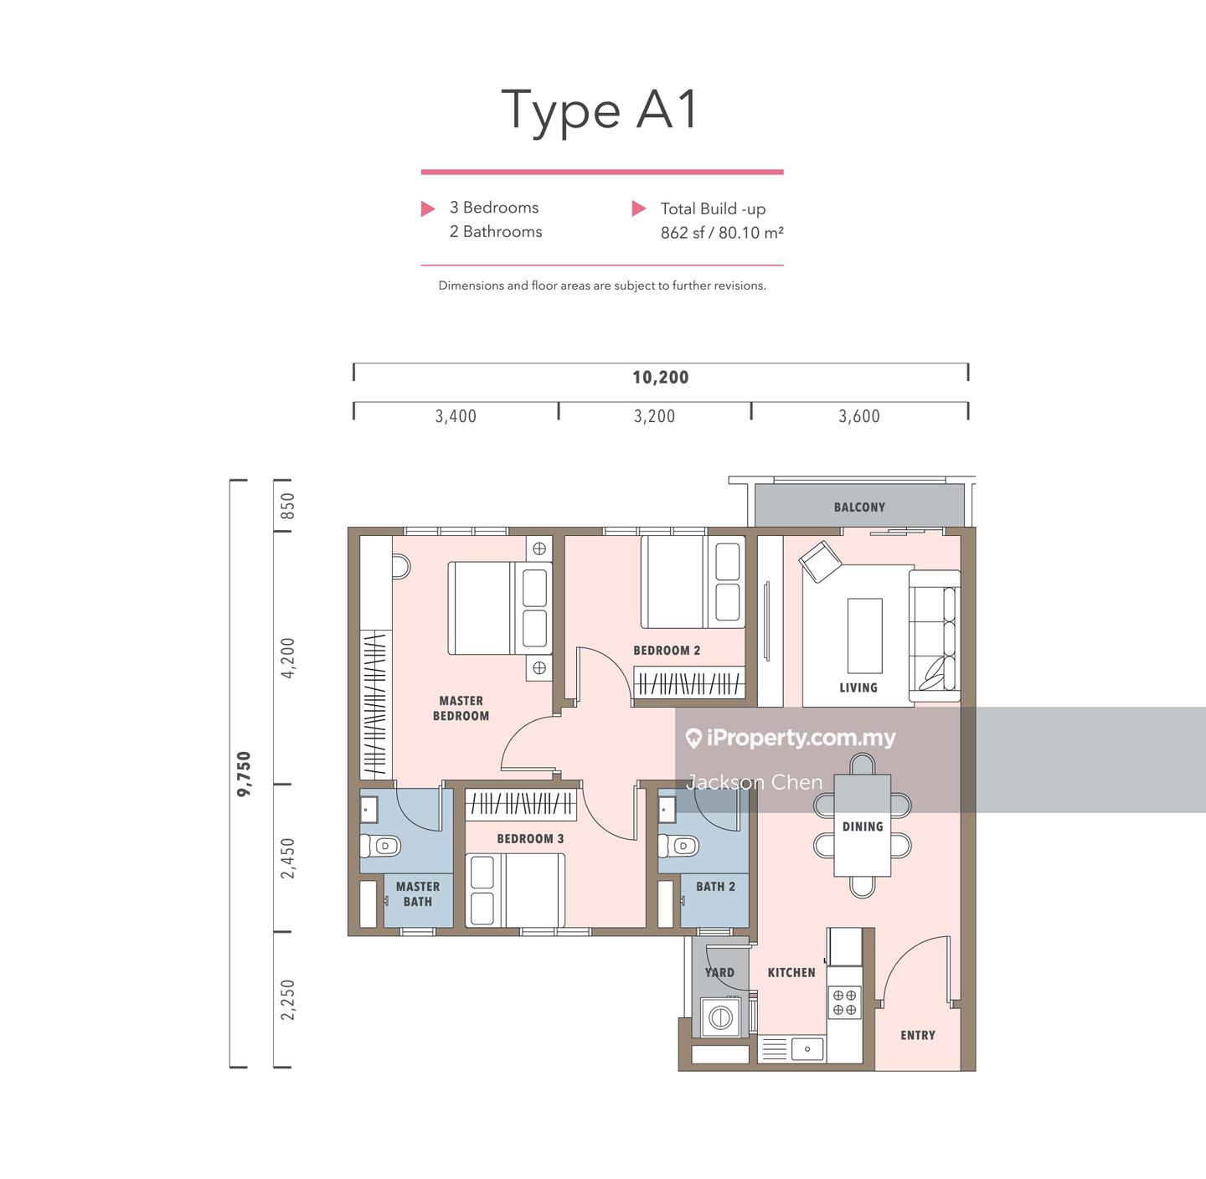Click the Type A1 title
[x=600, y=111]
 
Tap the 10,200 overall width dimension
[x=660, y=378]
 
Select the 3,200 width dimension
[x=654, y=416]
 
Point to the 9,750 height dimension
[x=245, y=774]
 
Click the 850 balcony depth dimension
[x=287, y=506]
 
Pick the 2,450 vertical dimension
[x=287, y=858]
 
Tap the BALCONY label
[x=859, y=507]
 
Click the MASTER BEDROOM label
[x=461, y=708]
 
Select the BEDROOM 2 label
[x=666, y=651]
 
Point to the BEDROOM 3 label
[x=530, y=839]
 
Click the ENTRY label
[x=917, y=1035]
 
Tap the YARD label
[x=719, y=973]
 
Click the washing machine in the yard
[x=720, y=1017]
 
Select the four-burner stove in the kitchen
[x=844, y=1002]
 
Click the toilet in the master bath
[x=380, y=845]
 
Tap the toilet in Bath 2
[x=678, y=845]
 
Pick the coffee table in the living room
[x=864, y=636]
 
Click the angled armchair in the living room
[x=820, y=561]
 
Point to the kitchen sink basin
[x=807, y=1049]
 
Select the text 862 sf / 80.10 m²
[x=722, y=233]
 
